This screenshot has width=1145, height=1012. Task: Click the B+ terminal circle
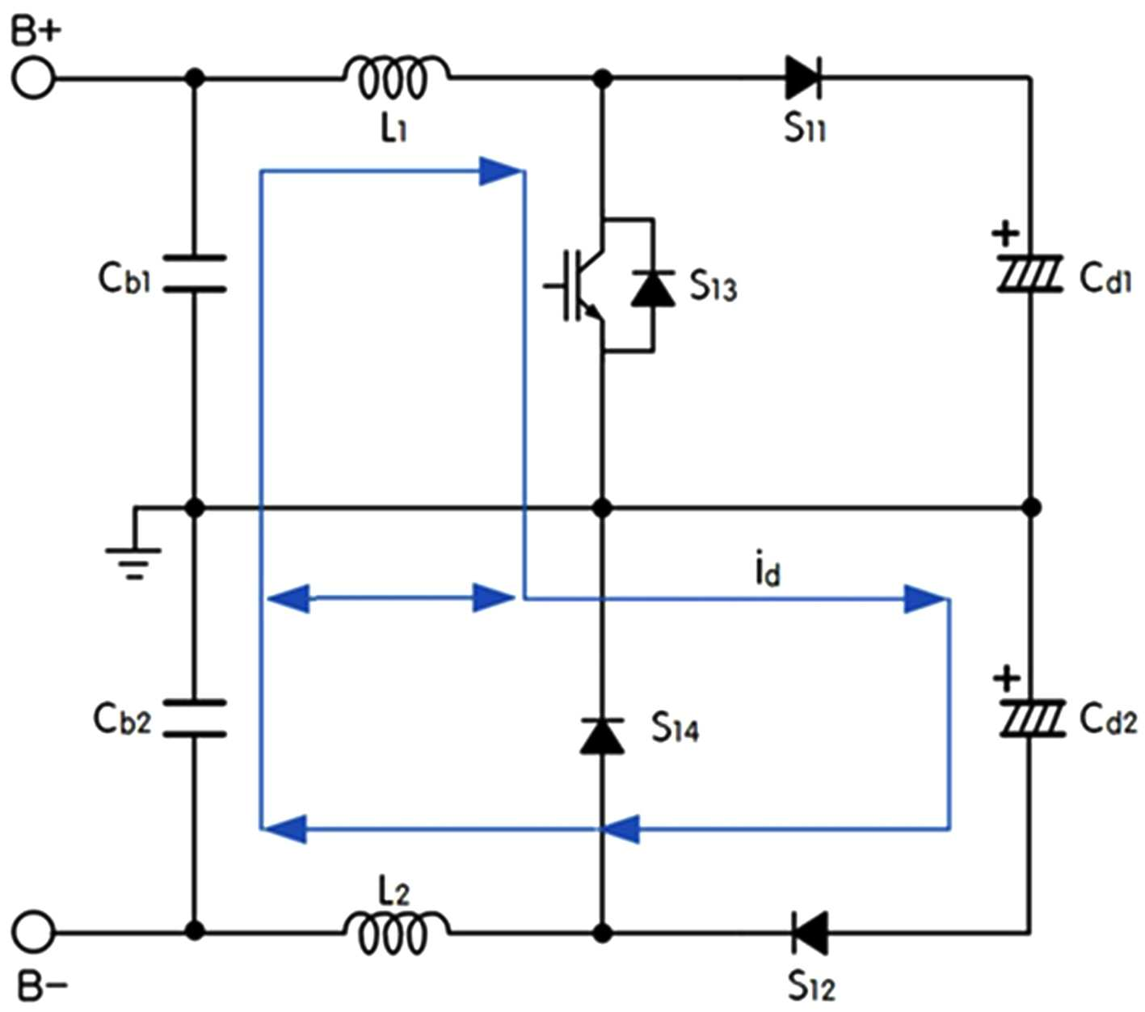33,78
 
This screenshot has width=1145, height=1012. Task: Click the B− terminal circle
33,932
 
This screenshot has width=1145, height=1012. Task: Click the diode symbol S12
810,932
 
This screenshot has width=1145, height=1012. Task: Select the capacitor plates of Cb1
195,274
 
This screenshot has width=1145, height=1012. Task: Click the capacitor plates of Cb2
195,718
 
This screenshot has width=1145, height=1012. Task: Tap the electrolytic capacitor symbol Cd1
1029,274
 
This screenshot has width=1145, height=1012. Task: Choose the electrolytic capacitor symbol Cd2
1032,719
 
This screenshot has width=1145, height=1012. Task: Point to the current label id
768,567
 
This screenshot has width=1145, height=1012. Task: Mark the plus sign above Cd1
1005,233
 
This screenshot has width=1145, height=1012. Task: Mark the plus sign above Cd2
1007,678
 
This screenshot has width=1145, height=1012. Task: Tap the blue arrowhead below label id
924,599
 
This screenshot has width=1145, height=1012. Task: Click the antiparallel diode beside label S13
653,289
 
